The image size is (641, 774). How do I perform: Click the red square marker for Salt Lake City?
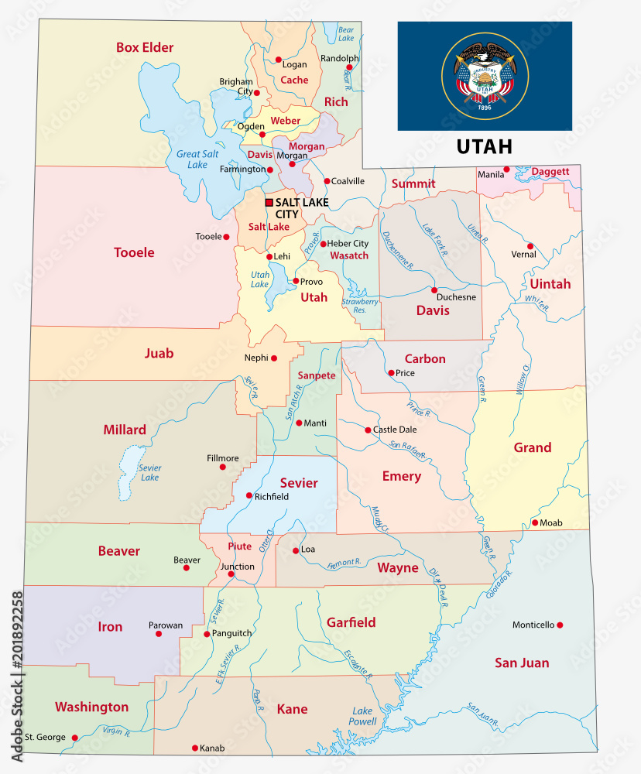tap(269, 203)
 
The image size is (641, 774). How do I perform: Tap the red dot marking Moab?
tap(534, 523)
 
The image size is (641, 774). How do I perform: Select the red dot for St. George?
tap(74, 738)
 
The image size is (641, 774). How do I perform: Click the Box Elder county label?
tap(145, 47)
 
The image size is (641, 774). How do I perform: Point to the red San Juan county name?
tap(522, 663)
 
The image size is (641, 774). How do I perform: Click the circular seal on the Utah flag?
tap(485, 76)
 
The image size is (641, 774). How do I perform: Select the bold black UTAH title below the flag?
tap(484, 146)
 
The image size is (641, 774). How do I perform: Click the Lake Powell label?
tap(362, 716)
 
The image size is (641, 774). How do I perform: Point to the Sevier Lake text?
tap(149, 472)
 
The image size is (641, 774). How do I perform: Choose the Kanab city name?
tap(211, 748)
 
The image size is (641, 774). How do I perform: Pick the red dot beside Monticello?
tap(560, 625)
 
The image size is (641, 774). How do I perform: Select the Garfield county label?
tap(351, 622)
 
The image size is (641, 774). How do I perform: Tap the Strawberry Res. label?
tap(360, 306)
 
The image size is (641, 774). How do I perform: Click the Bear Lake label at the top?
tap(346, 33)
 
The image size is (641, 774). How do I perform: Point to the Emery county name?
tap(401, 476)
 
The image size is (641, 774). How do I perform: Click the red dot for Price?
tap(391, 372)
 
